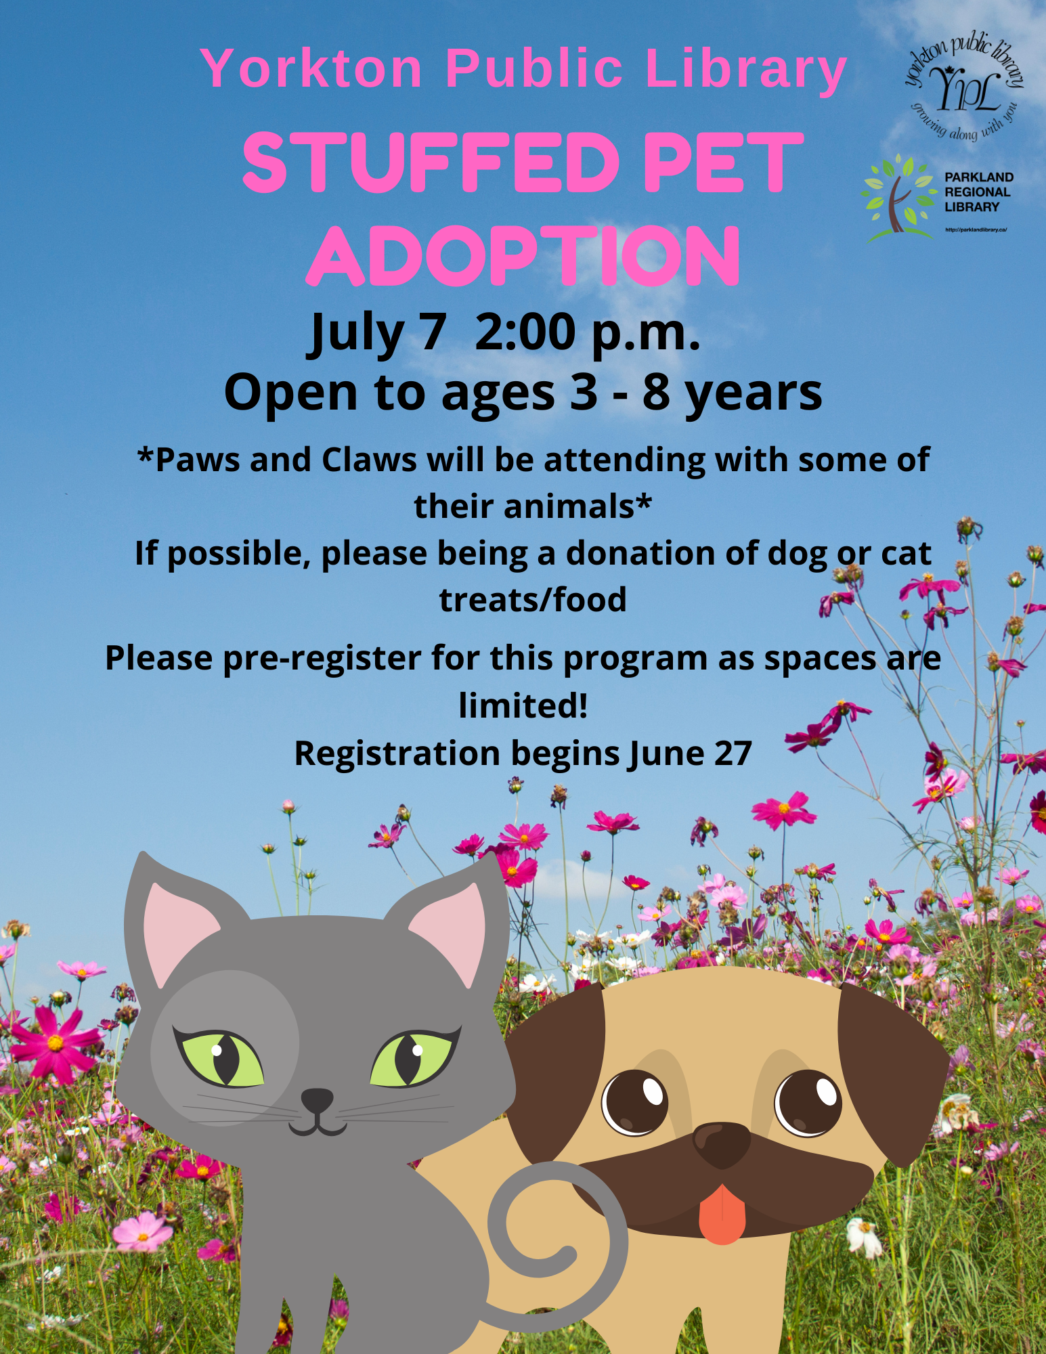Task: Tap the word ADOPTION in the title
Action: coord(523,256)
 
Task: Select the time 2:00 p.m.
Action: coord(587,334)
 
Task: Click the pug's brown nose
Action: coord(722,1143)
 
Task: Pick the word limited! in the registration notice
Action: coord(523,705)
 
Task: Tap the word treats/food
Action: coord(533,600)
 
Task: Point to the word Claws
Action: coord(369,460)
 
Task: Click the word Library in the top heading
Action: coord(746,70)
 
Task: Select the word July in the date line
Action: coord(357,334)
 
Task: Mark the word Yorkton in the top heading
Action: coord(312,68)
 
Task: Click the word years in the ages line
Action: coord(754,394)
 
